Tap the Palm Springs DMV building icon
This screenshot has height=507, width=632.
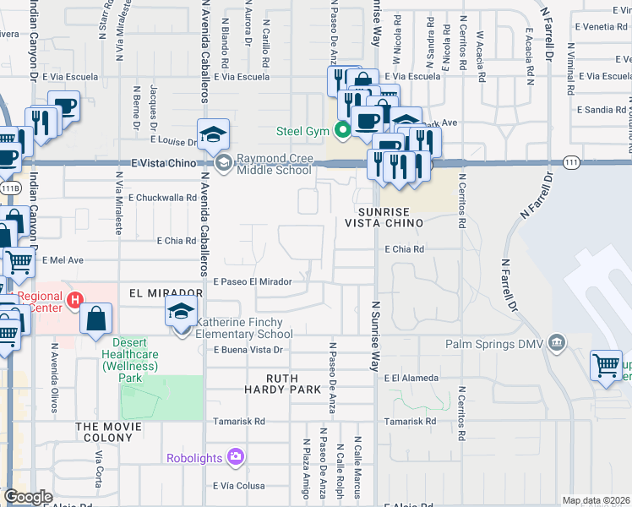(556, 342)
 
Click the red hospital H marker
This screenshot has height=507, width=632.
(74, 299)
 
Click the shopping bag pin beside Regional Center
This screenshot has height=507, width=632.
(96, 319)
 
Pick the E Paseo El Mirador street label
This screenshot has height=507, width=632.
(253, 282)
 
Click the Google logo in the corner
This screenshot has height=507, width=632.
(28, 497)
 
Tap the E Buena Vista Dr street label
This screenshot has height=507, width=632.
(247, 350)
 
